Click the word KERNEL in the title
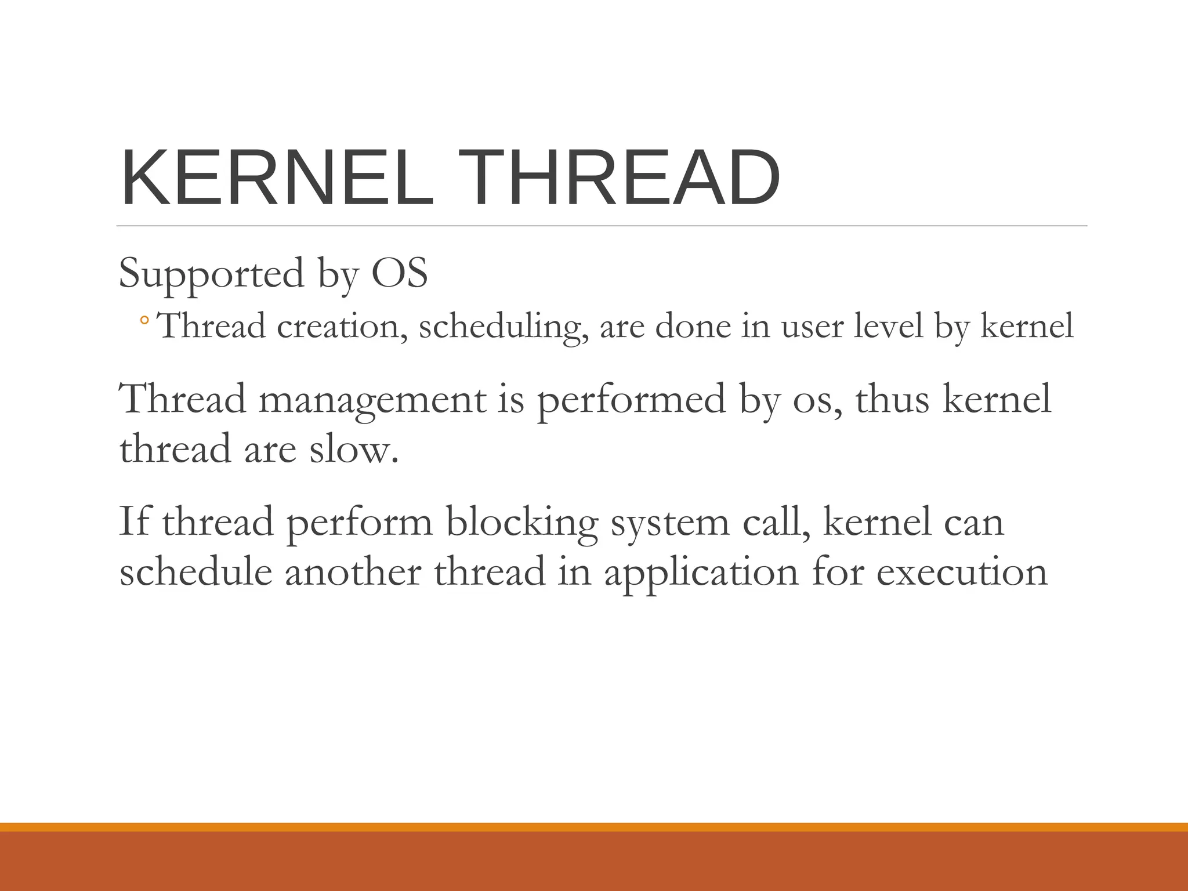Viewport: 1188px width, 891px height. pos(277,178)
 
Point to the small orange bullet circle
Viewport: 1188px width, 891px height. pos(144,320)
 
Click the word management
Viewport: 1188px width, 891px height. pos(372,400)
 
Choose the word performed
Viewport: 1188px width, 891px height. pos(631,400)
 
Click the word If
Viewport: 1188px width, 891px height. pos(133,521)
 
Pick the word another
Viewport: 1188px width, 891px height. pos(353,571)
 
